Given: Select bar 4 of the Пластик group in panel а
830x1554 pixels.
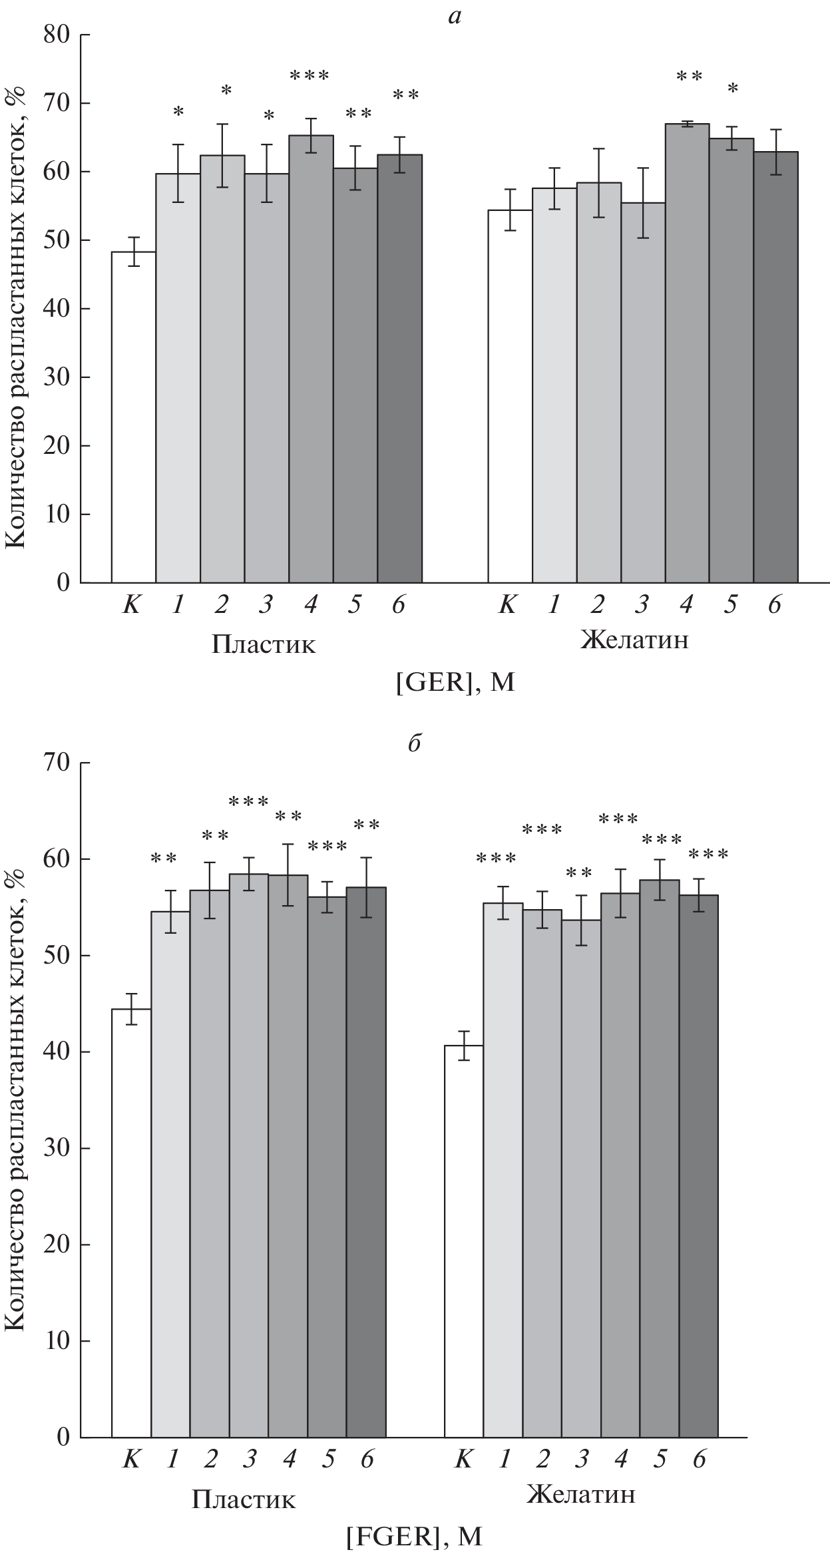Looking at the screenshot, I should pos(311,359).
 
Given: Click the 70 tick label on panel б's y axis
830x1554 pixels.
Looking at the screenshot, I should pos(58,763).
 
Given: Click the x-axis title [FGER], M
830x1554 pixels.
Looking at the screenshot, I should pos(413,1532).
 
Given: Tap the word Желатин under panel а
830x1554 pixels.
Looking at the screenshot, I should pos(634,641).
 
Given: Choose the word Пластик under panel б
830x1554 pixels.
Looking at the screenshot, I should pos(244,1495).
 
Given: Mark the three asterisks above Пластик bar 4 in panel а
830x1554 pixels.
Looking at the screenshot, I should pos(310,75).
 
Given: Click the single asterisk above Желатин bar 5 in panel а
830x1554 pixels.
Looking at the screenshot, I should pos(732,89).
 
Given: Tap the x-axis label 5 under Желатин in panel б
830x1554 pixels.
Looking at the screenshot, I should pos(660,1459).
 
